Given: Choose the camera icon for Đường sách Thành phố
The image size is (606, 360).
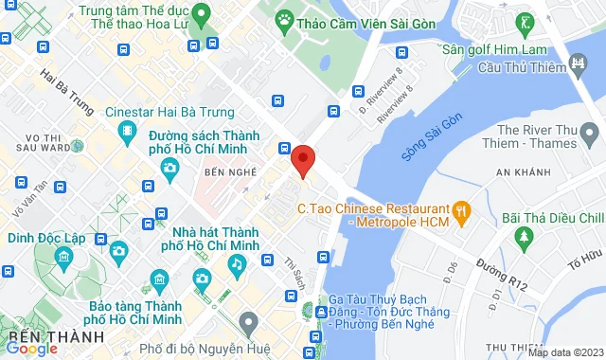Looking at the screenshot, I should [169, 169].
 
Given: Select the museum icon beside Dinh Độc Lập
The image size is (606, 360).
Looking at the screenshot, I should [62, 257].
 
